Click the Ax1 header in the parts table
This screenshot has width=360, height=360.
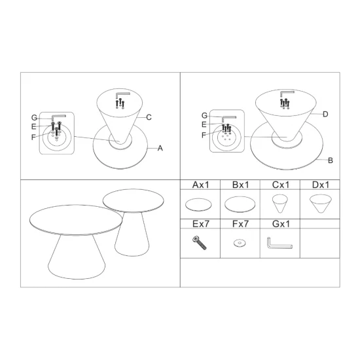tap(201, 185)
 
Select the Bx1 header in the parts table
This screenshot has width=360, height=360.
tap(240, 185)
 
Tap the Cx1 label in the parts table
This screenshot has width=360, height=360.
tap(281, 185)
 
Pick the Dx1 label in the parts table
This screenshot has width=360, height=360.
tap(321, 185)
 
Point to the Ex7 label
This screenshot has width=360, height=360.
tap(201, 224)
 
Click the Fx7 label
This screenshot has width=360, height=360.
tap(240, 224)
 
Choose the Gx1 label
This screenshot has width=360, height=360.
tap(281, 224)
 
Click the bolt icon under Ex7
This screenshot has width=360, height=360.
tap(199, 243)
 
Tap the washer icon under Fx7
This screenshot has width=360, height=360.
tap(240, 243)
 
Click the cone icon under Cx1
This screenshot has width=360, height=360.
tap(280, 204)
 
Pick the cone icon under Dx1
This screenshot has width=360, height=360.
tap(321, 204)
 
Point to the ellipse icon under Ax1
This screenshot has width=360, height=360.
tap(198, 205)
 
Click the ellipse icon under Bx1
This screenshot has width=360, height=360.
tap(240, 204)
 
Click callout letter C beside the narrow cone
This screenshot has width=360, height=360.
tap(149, 118)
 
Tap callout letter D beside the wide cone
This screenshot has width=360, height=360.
tap(325, 115)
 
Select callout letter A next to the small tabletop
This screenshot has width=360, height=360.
tap(160, 149)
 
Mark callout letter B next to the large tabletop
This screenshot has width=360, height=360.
tap(331, 160)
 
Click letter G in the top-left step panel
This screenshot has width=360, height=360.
tap(34, 118)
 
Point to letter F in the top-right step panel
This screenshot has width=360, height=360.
tap(204, 135)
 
